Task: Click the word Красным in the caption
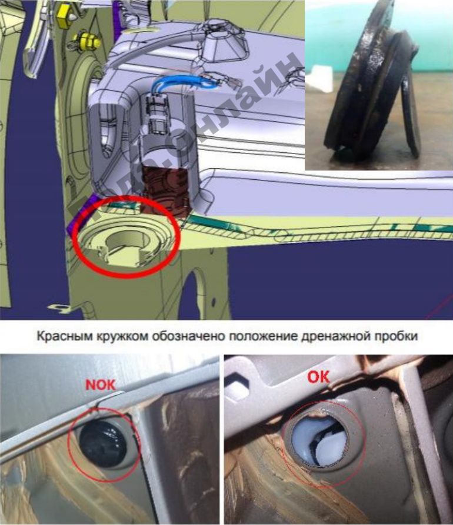(59, 337)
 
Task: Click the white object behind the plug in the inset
(317, 77)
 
